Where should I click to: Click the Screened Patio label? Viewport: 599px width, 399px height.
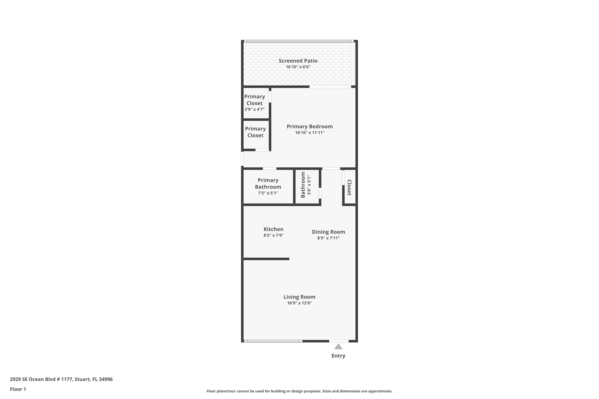(x=298, y=61)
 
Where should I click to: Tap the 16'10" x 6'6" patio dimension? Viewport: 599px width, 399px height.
(x=298, y=67)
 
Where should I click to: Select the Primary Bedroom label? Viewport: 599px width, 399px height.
(x=310, y=126)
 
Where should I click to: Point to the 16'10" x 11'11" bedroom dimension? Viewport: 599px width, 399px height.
(x=310, y=133)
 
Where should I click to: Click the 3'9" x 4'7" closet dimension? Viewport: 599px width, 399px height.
(x=254, y=109)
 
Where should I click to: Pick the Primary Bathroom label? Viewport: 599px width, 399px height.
(x=268, y=184)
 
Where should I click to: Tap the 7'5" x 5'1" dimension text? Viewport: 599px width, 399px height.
(x=268, y=193)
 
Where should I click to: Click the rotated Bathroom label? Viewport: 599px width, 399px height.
(x=303, y=185)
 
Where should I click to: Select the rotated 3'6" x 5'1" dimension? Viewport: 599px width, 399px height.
(x=309, y=185)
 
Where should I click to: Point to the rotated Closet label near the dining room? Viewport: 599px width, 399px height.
(x=349, y=188)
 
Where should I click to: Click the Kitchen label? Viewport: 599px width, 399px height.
(x=273, y=229)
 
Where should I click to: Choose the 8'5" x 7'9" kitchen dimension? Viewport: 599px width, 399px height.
(x=273, y=235)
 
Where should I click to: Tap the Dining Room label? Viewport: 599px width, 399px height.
(x=328, y=232)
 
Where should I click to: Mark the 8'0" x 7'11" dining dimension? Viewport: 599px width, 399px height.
(x=328, y=238)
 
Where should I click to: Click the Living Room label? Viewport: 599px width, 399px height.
(x=299, y=297)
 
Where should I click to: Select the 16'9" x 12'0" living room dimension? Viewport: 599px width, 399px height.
(x=299, y=303)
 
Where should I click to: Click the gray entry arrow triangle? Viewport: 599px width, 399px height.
(x=338, y=347)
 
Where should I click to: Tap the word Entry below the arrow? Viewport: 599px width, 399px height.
(x=338, y=356)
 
